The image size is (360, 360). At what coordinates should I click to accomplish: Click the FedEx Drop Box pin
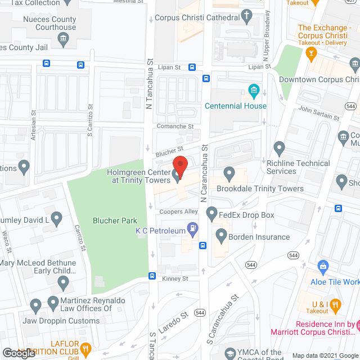tap(211, 213)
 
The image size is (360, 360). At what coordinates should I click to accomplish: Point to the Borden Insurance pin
tap(220, 235)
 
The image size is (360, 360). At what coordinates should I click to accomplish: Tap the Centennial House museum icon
tap(253, 90)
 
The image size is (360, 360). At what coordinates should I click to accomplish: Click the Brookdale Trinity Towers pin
tap(229, 173)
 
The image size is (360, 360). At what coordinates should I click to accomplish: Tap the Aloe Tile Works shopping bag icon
tap(323, 266)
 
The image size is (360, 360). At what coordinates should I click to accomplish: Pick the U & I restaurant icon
tap(335, 306)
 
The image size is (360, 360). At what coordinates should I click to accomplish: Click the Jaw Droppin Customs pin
tap(36, 307)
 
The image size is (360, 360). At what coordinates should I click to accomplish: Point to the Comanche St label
tap(175, 127)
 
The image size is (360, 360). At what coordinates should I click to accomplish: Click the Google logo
tap(19, 353)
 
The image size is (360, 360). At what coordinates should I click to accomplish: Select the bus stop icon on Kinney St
tap(152, 276)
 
